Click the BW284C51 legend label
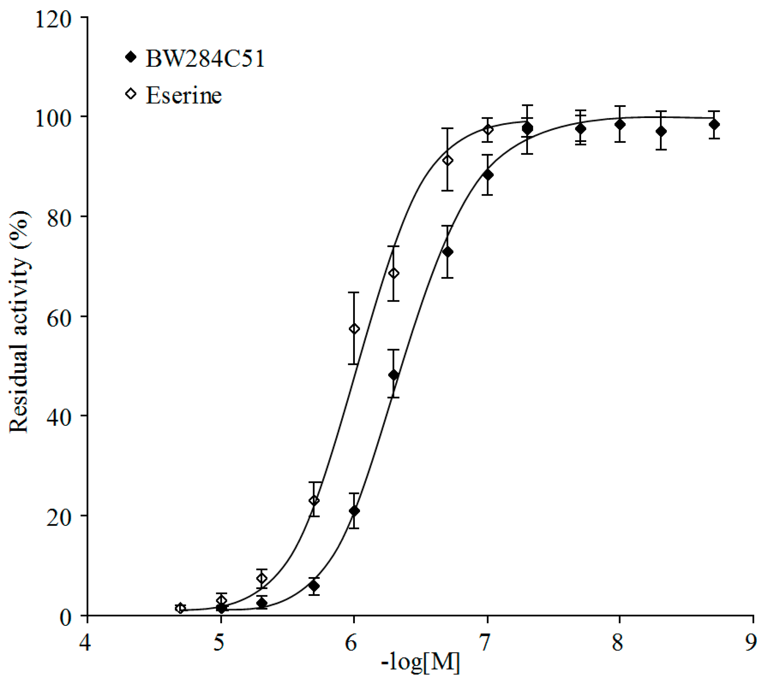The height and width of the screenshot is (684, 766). [x=205, y=59]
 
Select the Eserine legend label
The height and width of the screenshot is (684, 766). [x=184, y=95]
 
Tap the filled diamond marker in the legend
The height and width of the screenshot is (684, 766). [x=131, y=57]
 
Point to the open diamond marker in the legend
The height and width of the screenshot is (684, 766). [x=131, y=93]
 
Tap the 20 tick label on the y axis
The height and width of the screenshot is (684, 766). [x=59, y=517]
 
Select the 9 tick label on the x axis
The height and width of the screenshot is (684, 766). [x=751, y=643]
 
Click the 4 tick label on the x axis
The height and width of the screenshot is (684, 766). [x=85, y=643]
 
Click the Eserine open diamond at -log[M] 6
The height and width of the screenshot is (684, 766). [x=354, y=329]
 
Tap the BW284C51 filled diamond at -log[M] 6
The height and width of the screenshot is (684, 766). [x=354, y=511]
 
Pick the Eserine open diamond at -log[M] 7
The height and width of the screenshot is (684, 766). [x=488, y=130]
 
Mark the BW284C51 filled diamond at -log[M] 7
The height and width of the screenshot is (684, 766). [x=488, y=175]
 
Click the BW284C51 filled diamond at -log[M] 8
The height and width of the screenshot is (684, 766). [x=620, y=124]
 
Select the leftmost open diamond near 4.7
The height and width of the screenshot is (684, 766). [x=180, y=608]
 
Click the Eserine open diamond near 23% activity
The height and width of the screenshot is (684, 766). [x=314, y=501]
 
